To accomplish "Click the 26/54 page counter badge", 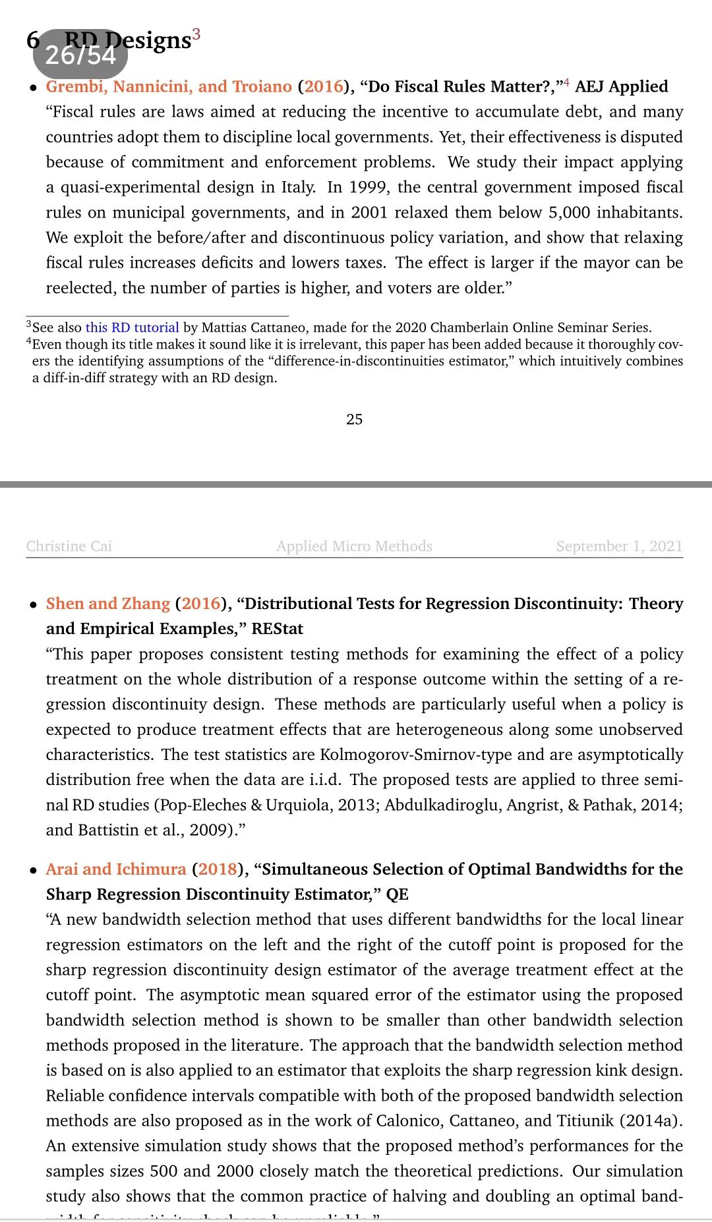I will pos(80,54).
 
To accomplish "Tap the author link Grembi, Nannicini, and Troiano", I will pos(169,86).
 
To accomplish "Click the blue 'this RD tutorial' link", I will pos(132,328).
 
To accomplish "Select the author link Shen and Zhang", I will pos(108,604).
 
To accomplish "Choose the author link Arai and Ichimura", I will pos(116,869).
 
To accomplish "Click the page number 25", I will pos(355,419).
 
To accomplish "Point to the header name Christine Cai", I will pos(69,546).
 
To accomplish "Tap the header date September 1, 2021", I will pos(619,546).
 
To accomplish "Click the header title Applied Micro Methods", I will pos(355,546).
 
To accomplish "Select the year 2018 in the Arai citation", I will pos(218,869).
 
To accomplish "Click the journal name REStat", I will pos(278,629).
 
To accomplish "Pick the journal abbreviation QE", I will pos(397,894).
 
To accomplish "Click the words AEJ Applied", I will pos(622,86).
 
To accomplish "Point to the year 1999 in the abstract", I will pos(368,187).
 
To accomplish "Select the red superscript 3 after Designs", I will pos(196,34).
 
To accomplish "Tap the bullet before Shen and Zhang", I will pos(33,604).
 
